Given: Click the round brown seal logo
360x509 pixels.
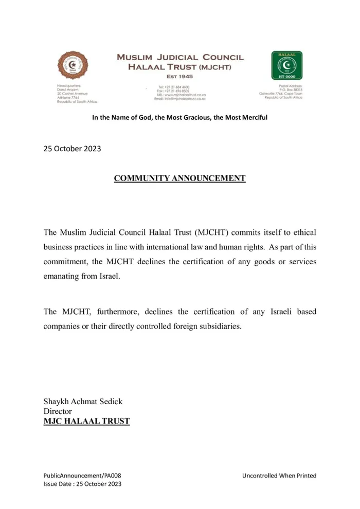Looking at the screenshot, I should coord(69,66).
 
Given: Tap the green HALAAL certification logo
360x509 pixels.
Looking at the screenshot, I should coord(286,65).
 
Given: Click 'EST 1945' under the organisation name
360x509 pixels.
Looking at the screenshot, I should coord(180,76).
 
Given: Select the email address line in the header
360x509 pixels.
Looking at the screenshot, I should coord(176,99).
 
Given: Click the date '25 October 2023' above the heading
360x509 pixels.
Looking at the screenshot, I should coord(72,149).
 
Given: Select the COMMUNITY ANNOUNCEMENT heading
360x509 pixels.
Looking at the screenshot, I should coord(179,178).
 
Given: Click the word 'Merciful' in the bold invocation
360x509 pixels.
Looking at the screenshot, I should coord(251,118).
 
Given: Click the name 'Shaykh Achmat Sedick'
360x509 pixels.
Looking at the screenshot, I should coord(83,402).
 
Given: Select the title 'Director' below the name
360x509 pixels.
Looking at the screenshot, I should coord(58,411).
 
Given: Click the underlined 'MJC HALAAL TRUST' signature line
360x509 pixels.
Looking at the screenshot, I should coord(86,422).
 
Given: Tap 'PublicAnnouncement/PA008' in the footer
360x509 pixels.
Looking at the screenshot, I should coord(82,476).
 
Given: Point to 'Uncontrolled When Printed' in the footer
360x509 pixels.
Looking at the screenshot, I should coord(279,476).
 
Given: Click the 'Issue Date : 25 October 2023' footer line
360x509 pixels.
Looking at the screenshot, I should coord(82,484).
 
